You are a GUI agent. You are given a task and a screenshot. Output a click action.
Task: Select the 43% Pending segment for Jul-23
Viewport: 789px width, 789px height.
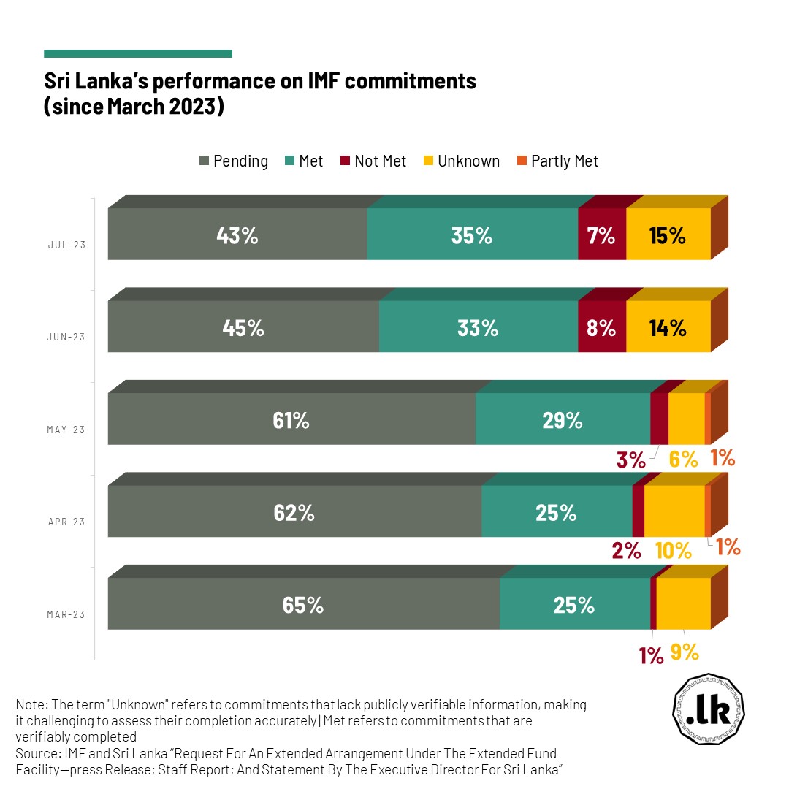pos(237,235)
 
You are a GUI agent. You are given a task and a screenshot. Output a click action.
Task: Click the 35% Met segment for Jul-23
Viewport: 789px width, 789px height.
pos(472,235)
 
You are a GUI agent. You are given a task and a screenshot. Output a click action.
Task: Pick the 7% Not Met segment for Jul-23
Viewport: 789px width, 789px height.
pos(602,235)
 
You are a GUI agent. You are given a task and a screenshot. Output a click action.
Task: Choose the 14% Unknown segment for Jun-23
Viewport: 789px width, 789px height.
pos(668,327)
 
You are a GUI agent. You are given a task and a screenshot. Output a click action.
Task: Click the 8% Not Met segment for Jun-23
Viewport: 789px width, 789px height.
pos(602,327)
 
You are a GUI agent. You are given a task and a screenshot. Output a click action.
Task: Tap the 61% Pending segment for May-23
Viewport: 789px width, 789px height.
pos(291,419)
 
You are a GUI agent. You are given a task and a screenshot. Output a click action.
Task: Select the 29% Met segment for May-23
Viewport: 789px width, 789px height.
pos(563,419)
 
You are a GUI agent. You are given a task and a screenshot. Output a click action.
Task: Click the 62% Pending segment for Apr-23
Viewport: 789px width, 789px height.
pos(294,512)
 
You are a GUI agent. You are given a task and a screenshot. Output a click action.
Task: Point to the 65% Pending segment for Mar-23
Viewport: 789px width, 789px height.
pos(303,604)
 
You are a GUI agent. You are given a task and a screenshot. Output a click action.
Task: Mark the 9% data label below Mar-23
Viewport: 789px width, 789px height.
pos(685,652)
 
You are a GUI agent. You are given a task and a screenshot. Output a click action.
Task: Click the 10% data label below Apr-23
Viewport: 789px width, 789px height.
pos(674,551)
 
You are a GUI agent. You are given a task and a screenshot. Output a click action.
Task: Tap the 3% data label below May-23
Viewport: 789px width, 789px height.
pos(630,460)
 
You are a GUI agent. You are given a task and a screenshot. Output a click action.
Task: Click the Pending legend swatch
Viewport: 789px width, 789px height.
pos(205,161)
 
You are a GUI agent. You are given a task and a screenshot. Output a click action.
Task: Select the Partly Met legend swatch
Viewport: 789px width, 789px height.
pos(522,161)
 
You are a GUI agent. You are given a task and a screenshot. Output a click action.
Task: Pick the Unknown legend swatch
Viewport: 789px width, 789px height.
pos(429,161)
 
